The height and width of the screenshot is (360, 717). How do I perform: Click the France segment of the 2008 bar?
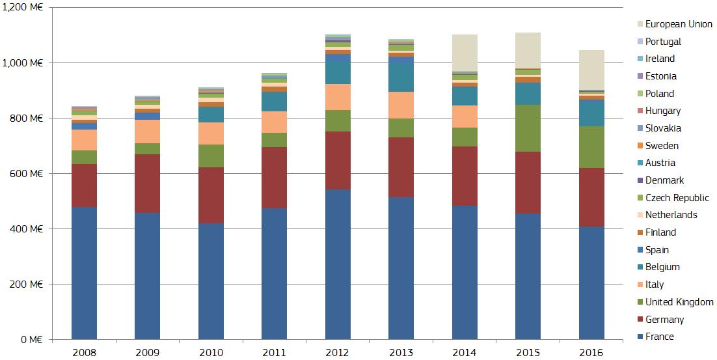[84, 273]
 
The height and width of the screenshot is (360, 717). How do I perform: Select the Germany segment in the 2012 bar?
[338, 160]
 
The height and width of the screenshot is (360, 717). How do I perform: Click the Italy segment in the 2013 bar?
[401, 105]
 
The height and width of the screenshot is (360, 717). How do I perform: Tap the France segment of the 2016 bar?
[591, 283]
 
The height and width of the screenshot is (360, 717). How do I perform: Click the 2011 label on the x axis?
[274, 352]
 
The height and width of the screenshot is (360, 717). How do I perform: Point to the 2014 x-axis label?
[465, 352]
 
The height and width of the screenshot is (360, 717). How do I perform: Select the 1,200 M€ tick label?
[23, 7]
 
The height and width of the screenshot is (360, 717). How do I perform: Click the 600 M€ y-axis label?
[28, 174]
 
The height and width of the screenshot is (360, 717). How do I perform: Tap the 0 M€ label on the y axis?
[32, 340]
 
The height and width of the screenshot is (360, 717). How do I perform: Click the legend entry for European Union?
[679, 24]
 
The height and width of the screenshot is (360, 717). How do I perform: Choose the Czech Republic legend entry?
[677, 198]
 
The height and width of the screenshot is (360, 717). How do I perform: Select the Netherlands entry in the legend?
[671, 215]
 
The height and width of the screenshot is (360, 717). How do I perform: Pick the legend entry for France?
[659, 337]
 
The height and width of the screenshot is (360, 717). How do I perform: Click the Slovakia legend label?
[662, 128]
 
